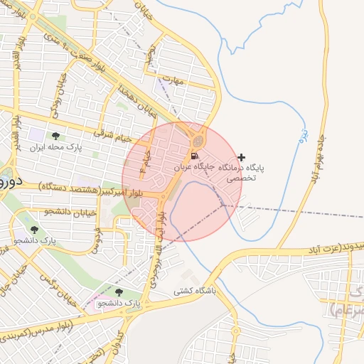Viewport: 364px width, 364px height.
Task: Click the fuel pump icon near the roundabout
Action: (x=193, y=156)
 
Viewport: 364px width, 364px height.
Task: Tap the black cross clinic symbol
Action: (x=242, y=157)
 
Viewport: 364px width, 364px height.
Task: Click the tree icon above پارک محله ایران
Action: (x=56, y=136)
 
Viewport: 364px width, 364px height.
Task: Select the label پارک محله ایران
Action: (x=56, y=149)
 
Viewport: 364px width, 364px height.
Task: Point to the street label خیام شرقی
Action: (x=114, y=136)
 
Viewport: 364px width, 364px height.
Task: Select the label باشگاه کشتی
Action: (x=194, y=291)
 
